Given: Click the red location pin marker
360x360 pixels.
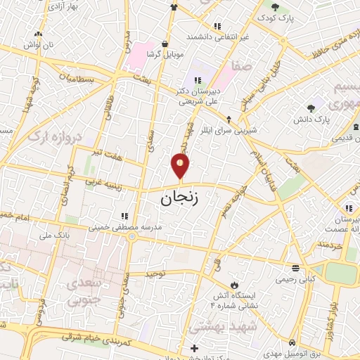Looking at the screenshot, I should click(180, 166).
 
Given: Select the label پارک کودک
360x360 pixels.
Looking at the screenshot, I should click(274, 17).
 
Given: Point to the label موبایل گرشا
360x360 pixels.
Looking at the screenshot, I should click(165, 54).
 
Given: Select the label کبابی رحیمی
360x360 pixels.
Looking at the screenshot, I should click(294, 279).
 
